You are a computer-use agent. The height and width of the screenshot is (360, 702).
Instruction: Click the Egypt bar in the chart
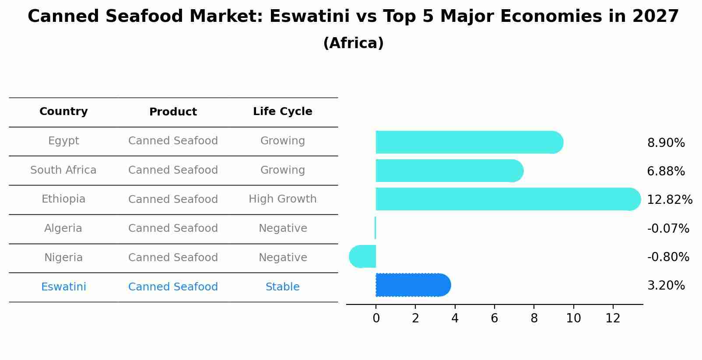coord(468,142)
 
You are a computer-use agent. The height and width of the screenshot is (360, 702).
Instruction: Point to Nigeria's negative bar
coord(363,256)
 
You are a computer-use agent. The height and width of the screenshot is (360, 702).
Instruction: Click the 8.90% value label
coord(666,143)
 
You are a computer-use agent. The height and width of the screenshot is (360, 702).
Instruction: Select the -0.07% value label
coord(668,228)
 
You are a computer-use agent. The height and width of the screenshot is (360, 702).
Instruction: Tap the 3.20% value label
coord(666,286)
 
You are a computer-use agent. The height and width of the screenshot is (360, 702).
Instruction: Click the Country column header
coord(63,112)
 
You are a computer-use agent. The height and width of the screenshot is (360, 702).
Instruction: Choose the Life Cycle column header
coord(282,112)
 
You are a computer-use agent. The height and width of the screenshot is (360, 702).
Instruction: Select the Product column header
coord(173,112)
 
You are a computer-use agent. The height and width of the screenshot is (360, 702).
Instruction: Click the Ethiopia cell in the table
coord(63,199)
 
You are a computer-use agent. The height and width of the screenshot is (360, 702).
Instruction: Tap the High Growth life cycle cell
coord(282,199)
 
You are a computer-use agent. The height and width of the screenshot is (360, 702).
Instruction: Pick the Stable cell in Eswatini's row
coord(282,287)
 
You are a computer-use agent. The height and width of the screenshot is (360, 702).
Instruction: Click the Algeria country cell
coord(63,228)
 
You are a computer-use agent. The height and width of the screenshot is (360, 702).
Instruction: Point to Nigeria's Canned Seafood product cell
coord(173,258)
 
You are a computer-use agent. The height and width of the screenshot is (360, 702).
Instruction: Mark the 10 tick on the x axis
coord(573,318)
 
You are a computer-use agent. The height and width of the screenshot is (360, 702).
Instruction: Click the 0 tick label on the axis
coord(376,318)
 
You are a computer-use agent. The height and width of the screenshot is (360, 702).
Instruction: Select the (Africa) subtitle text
coord(353,43)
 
